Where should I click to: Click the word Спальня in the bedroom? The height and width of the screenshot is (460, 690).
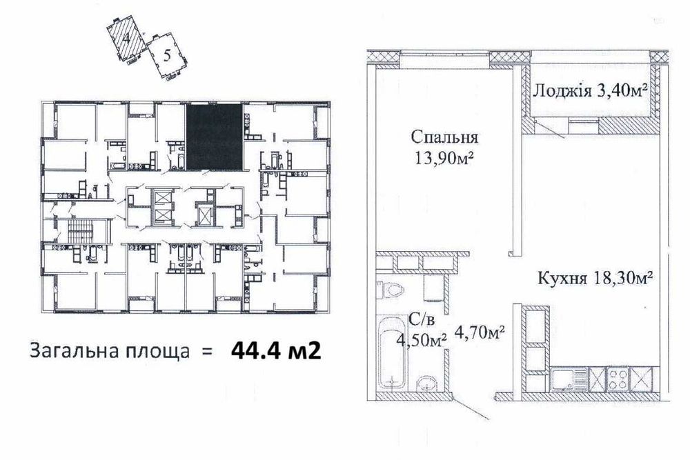tap(440, 136)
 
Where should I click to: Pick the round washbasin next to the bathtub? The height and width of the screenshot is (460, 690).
tap(426, 383)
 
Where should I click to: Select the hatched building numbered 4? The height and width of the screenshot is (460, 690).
tap(126, 39)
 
